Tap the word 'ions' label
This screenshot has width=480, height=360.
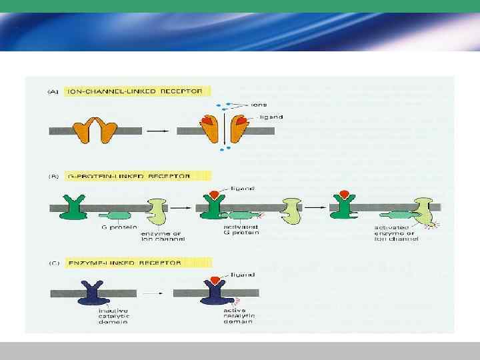(x=259, y=105)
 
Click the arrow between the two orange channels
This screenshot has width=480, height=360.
(x=157, y=131)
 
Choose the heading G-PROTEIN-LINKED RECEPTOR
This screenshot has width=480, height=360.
(x=137, y=176)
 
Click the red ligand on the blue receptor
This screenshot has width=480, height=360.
(x=215, y=278)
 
